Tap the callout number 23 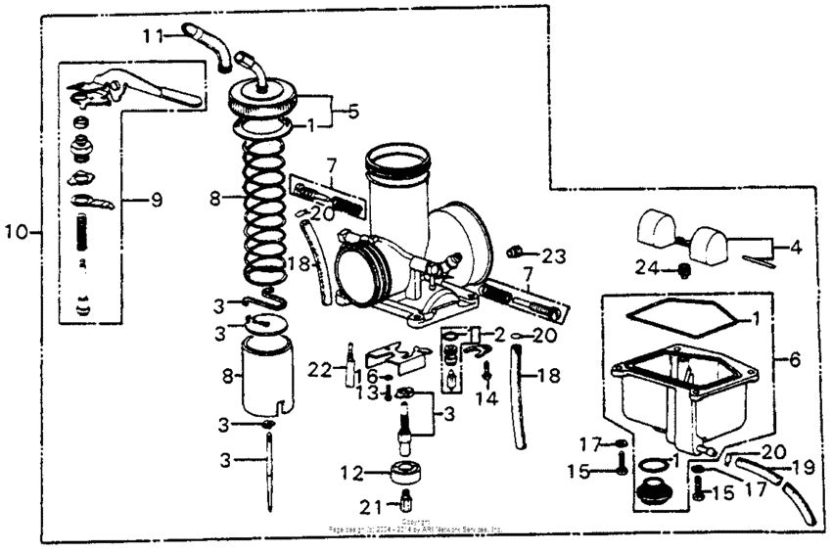(x=554, y=255)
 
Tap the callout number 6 (x=794, y=360)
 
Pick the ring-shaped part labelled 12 (x=404, y=474)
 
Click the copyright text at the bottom (x=416, y=526)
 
